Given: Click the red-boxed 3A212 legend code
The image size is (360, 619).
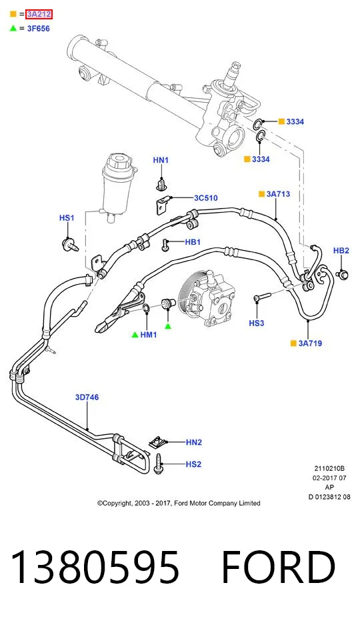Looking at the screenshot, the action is point(39,15).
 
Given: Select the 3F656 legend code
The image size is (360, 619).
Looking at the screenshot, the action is point(39,29).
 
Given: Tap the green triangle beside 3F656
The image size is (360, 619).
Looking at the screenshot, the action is point(13,28).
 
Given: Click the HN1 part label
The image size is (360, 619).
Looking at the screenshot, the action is point(161,160).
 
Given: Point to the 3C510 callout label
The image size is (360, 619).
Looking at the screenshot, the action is point(205,198).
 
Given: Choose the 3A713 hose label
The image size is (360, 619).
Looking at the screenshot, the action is point(278,194).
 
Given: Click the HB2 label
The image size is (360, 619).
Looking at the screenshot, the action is point(341,250).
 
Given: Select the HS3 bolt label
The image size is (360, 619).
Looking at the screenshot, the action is point(257,324).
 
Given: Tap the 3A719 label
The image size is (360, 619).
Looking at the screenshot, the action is point(310,344).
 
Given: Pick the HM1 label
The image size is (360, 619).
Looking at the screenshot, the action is point(149,335).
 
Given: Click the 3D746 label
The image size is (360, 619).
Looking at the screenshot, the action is point(87,397).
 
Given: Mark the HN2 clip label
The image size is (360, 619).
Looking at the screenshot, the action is point(194,442).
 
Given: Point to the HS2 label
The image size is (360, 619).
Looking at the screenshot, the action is point(193,464).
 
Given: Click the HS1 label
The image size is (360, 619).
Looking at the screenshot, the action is point(67,218).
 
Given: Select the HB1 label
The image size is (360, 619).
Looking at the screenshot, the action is point(193,242).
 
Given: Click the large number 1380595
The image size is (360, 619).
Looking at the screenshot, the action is point(95,567).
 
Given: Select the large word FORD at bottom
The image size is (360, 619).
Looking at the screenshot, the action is point(279,567).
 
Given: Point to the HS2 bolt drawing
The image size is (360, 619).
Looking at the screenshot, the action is point(159,464).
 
